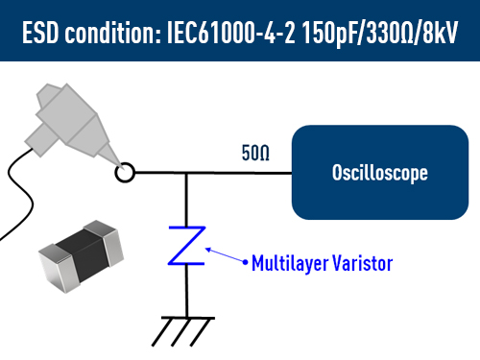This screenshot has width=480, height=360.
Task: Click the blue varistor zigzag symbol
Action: pos(186,247)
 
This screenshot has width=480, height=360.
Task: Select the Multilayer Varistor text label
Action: pos(322,261)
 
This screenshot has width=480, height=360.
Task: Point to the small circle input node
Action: pos(124,174)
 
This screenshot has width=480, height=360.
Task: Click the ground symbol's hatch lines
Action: pos(183,329)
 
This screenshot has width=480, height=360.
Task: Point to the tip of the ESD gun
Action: pos(116,162)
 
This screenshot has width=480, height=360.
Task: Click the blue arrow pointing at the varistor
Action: pos(228,255)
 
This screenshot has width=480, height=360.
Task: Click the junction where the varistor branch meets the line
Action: pos(186,175)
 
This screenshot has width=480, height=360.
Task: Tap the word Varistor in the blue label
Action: pos(360,261)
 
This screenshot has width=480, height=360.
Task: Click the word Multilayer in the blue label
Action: pos(286,261)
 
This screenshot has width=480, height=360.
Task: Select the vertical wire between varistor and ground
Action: pos(186,293)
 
